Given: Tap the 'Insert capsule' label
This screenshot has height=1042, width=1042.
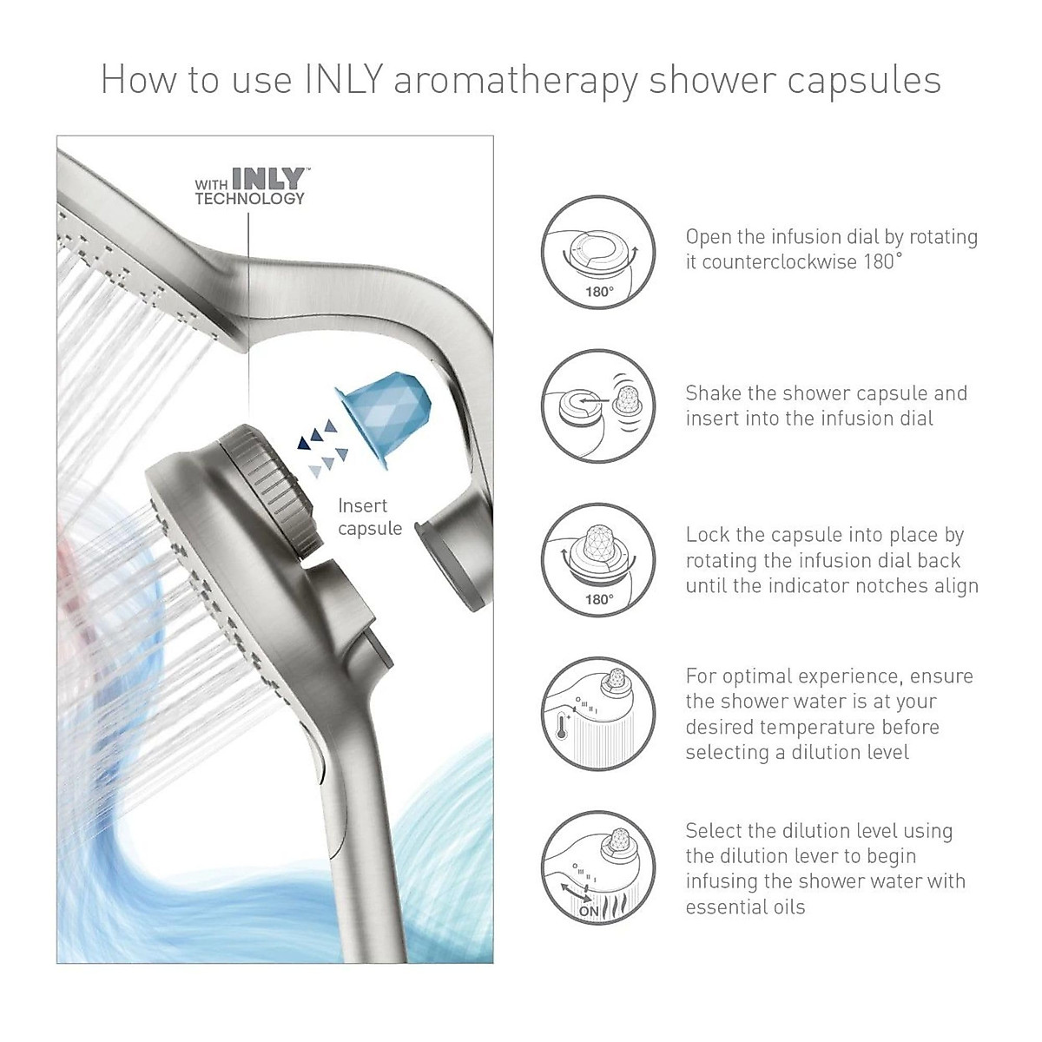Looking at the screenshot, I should tap(370, 517).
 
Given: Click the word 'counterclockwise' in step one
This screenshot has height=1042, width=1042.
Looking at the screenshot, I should tap(779, 261).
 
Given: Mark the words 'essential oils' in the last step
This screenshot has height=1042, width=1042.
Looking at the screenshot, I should tap(745, 907).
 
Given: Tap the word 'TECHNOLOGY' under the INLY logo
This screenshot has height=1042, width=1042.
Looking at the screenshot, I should tap(249, 199).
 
